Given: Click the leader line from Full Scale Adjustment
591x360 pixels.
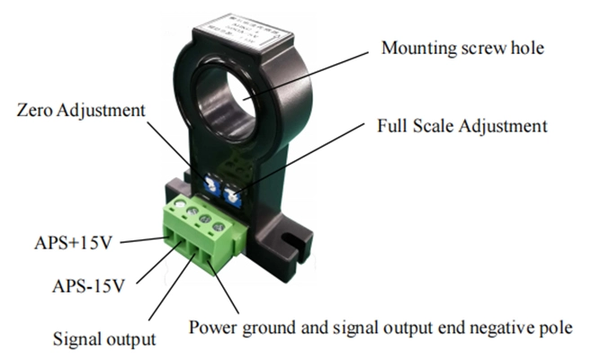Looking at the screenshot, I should click(297, 155).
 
